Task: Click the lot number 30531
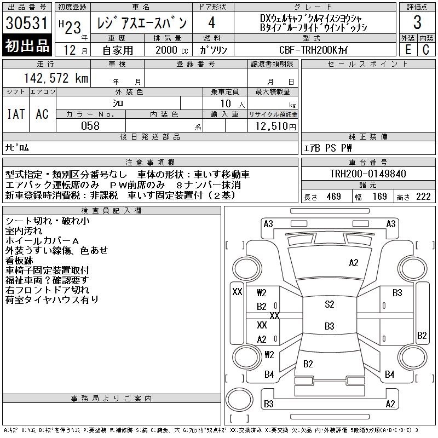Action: (27, 22)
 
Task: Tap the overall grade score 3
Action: (417, 22)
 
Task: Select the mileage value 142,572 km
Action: (56, 78)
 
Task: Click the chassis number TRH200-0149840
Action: (368, 174)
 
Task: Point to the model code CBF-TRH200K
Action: (308, 50)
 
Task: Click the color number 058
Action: (90, 126)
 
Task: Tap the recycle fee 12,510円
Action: (275, 126)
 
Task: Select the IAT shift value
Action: (16, 114)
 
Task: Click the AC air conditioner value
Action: (42, 114)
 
